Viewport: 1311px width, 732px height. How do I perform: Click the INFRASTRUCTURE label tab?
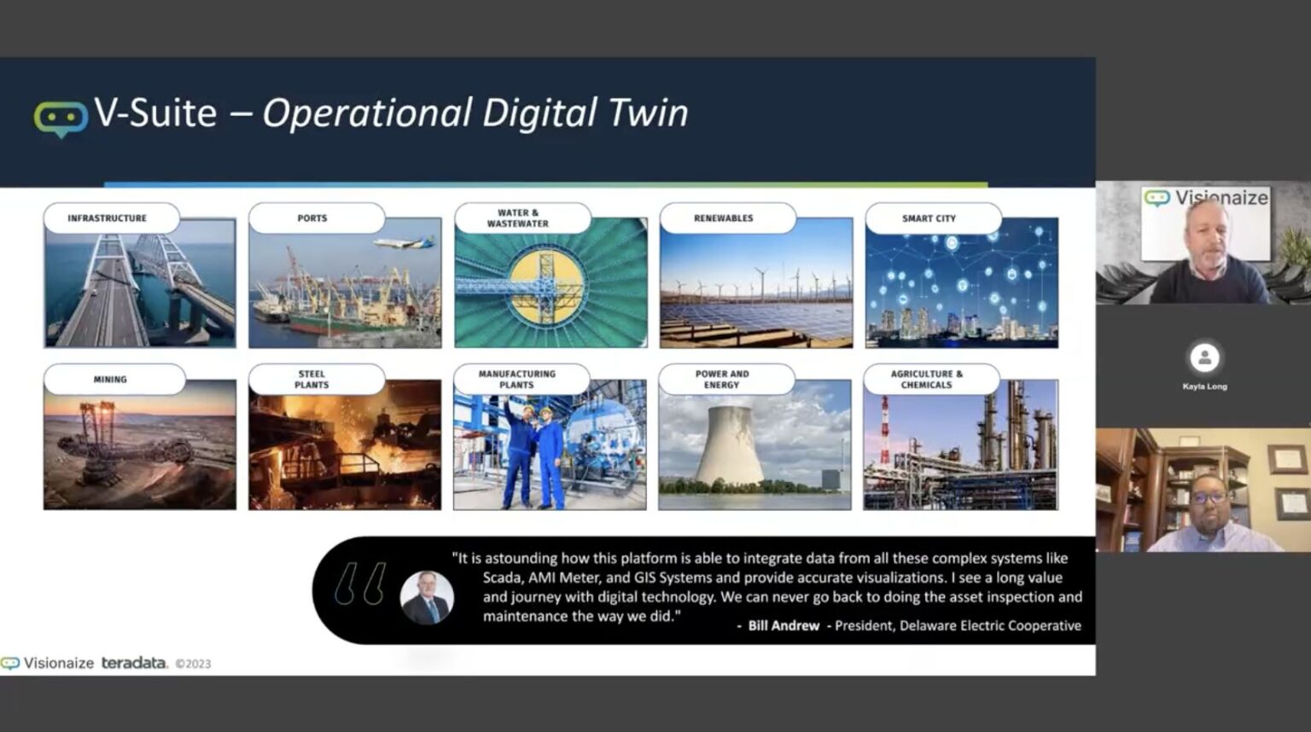point(108,218)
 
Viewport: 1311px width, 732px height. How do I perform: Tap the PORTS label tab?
point(312,218)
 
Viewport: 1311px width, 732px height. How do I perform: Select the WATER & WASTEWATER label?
point(518,218)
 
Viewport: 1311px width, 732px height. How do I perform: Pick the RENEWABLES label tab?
point(724,218)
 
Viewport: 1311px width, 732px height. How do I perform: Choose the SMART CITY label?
point(929,218)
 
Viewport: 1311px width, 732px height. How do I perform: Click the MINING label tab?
point(110,380)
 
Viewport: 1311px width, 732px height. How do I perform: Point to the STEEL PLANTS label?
point(312,380)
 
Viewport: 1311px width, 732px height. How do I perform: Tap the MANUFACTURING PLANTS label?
point(517,380)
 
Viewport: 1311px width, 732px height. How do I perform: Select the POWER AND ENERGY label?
point(722,380)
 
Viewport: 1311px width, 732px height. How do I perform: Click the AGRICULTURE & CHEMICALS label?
point(927,380)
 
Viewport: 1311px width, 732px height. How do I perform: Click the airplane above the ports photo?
point(404,242)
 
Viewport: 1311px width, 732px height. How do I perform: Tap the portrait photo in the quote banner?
point(427,596)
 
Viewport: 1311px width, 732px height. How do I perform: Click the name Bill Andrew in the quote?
point(784,625)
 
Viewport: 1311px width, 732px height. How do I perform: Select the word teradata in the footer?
point(134,663)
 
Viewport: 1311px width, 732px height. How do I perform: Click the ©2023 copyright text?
point(193,664)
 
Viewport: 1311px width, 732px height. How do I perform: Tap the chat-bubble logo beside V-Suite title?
point(61,119)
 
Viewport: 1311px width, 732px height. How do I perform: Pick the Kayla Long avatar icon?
point(1204,357)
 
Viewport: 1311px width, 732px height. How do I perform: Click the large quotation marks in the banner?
point(359,584)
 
